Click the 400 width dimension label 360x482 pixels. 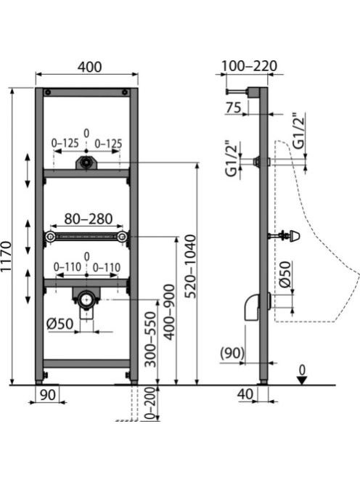click(x=89, y=67)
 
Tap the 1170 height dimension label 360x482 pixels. click(x=6, y=256)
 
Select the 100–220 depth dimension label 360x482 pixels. click(x=249, y=66)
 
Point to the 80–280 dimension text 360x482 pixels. click(x=89, y=219)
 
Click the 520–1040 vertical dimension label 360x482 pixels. click(x=192, y=266)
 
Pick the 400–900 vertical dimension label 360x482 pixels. click(x=169, y=312)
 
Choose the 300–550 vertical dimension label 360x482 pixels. click(x=151, y=340)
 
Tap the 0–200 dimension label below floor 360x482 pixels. click(x=151, y=404)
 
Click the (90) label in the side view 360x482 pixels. click(x=232, y=353)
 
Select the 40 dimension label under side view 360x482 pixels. click(x=245, y=393)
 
